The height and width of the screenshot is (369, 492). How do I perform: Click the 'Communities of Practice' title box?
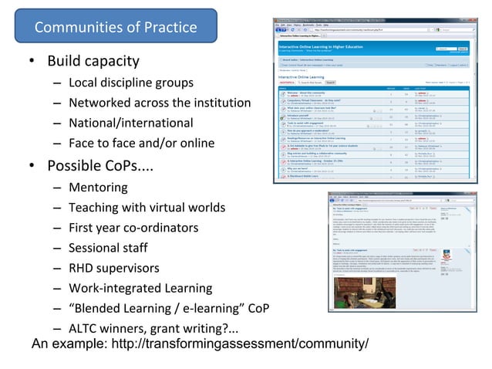116,29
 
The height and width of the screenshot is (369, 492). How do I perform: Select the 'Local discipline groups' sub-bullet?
130,83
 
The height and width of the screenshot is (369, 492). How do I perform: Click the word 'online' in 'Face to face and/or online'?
196,143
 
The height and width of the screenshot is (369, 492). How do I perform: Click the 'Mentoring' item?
98,188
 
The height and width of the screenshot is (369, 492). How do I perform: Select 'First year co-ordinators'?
133,228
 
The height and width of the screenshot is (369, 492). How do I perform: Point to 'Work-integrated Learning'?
140,289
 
